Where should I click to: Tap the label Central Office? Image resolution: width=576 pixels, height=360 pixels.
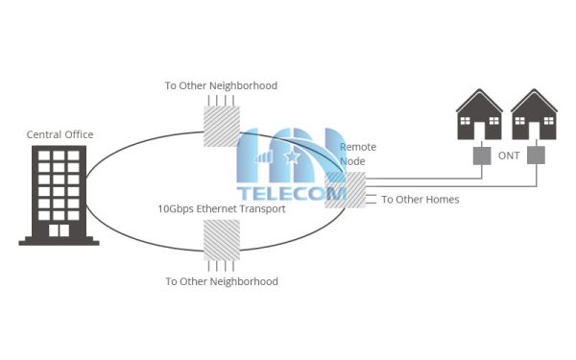pyautogui.click(x=60, y=134)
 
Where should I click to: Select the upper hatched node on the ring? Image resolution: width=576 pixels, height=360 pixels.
pyautogui.click(x=222, y=126)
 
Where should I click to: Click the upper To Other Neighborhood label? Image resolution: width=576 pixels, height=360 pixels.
pyautogui.click(x=221, y=86)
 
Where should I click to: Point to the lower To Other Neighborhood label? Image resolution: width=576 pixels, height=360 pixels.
pyautogui.click(x=221, y=281)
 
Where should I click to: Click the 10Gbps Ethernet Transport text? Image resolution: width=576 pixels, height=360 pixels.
pyautogui.click(x=221, y=208)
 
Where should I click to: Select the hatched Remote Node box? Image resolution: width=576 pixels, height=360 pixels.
pyautogui.click(x=339, y=190)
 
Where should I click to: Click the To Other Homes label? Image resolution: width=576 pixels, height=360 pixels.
pyautogui.click(x=420, y=200)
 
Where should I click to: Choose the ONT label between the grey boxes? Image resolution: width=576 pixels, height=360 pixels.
pyautogui.click(x=509, y=154)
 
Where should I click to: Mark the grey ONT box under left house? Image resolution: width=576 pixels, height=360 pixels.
pyautogui.click(x=480, y=155)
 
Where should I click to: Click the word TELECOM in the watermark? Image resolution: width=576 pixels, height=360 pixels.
pyautogui.click(x=292, y=193)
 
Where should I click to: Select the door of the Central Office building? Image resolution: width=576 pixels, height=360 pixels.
pyautogui.click(x=60, y=230)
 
